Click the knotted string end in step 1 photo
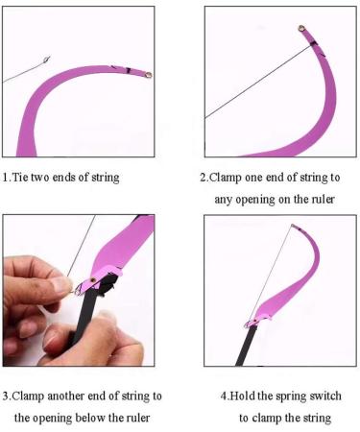pos(42,63)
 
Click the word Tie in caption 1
pos(23,178)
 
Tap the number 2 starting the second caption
pos(203,178)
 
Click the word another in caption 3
pos(69,396)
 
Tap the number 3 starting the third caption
pos(6,396)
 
